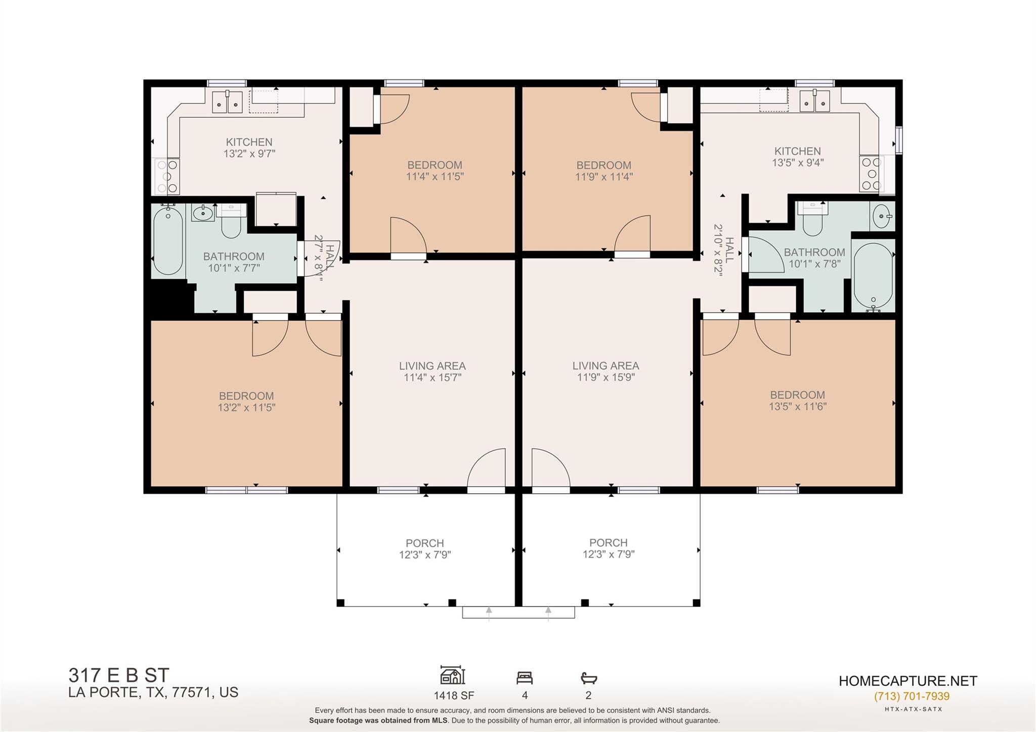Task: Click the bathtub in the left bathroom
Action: tap(167, 241)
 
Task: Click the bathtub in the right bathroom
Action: tap(873, 276)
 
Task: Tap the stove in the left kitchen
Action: tap(167, 176)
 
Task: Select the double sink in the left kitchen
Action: tap(227, 102)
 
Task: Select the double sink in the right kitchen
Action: tap(815, 101)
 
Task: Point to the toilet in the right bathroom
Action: tap(812, 218)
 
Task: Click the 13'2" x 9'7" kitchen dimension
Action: tap(249, 154)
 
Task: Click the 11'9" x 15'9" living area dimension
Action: tap(606, 377)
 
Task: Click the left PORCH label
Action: tap(425, 543)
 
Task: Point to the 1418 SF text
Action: tap(454, 696)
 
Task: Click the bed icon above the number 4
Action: tap(525, 677)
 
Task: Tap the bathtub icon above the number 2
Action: tap(589, 678)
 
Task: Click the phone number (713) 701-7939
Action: tap(912, 697)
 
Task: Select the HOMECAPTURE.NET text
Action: tap(908, 681)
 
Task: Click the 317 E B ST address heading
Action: tap(119, 675)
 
